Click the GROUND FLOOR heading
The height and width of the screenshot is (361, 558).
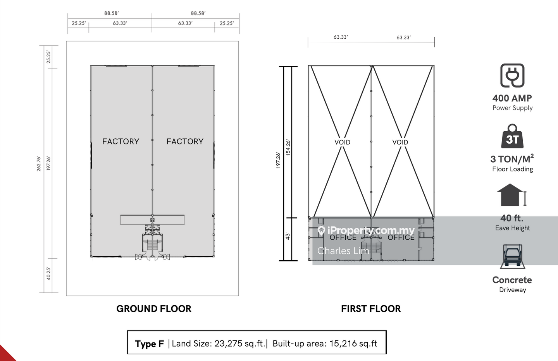point(154,309)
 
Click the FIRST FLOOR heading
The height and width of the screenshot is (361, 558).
point(371,309)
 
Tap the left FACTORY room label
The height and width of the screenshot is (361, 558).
point(121,141)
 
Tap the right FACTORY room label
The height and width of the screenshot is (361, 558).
point(185,141)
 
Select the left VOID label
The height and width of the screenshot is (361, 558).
point(342,142)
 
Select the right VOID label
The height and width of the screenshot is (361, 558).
point(400,142)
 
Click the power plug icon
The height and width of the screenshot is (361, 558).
point(512,76)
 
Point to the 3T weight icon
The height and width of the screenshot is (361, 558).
point(512,136)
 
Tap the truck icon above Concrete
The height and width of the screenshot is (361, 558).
point(512,256)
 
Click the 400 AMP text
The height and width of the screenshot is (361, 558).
point(512,98)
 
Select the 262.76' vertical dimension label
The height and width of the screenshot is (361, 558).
point(39,163)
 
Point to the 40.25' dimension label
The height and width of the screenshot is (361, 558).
point(48,273)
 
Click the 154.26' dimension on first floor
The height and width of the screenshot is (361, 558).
point(288,148)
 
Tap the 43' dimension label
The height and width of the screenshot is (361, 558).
point(288,236)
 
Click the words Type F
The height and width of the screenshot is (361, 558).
point(150,344)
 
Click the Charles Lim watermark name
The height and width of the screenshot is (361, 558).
point(343,251)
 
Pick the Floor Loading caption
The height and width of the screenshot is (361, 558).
point(512,169)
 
